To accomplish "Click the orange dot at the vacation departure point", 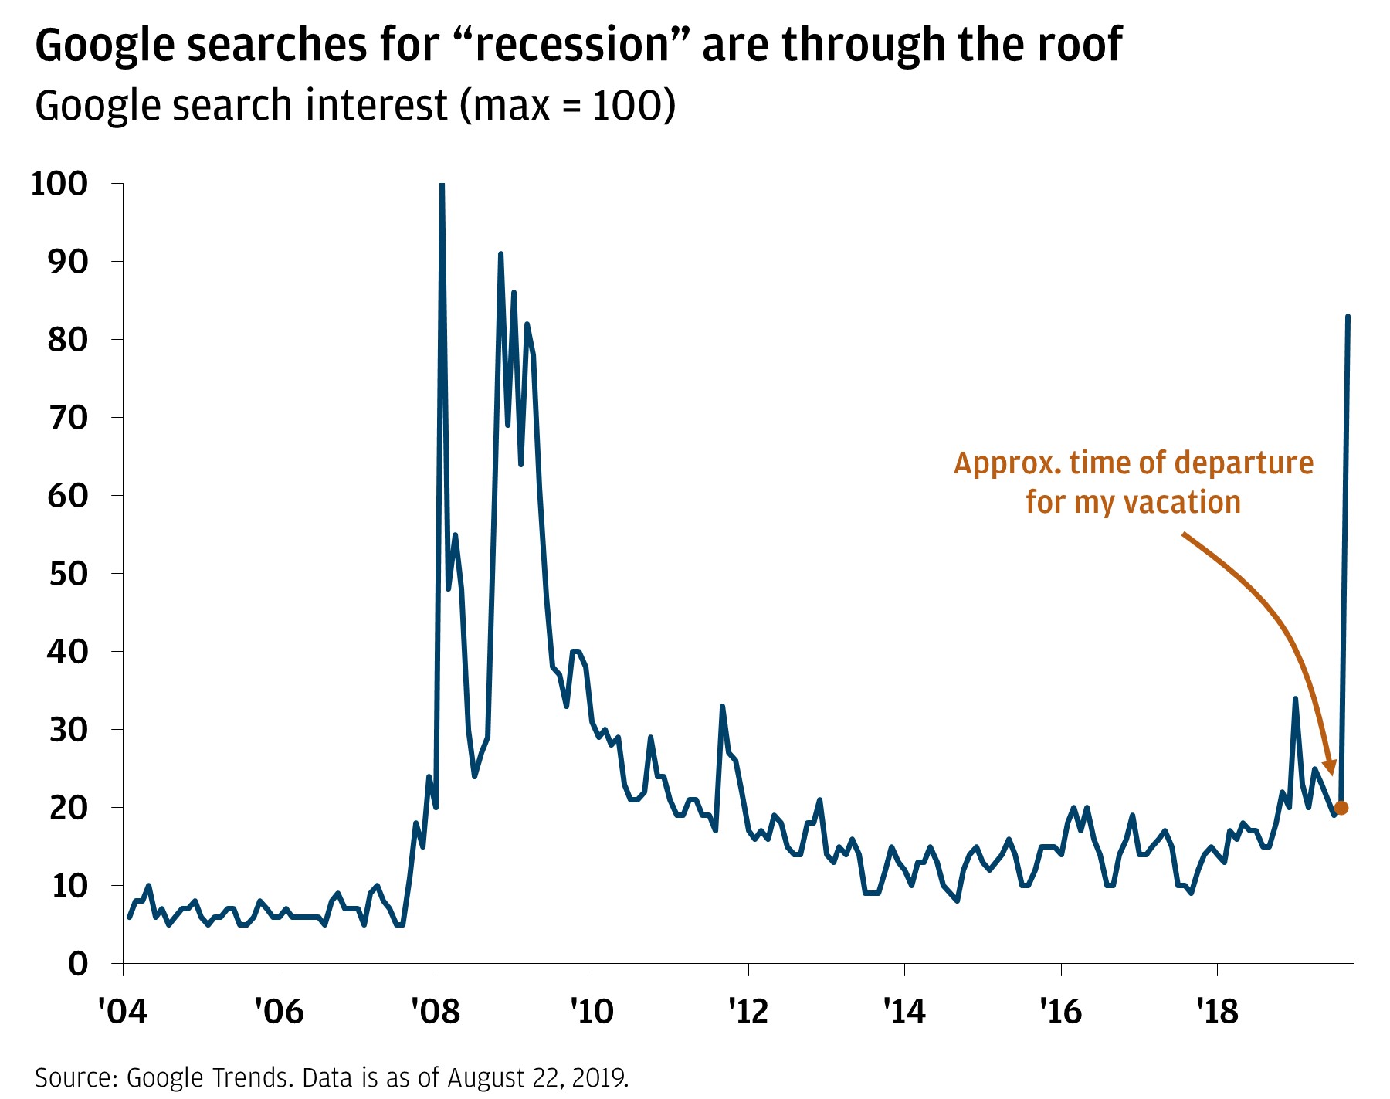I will tap(1341, 808).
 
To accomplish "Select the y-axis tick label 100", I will tap(59, 184).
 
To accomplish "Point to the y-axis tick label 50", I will tap(68, 573).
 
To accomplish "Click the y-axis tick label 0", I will tap(78, 964).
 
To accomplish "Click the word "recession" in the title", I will tap(571, 45).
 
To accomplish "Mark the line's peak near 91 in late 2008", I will tap(500, 254).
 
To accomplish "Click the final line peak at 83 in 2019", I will tap(1348, 317).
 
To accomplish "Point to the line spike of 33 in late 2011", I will tap(722, 707).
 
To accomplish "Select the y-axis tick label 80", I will tap(68, 339).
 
